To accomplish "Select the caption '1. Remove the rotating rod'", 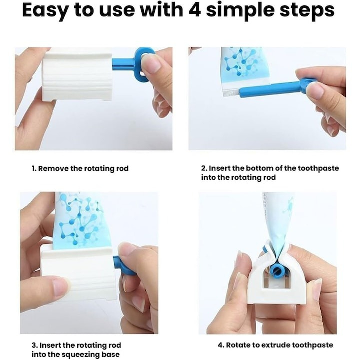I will (x=80, y=169).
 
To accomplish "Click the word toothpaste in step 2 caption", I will (x=320, y=168).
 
